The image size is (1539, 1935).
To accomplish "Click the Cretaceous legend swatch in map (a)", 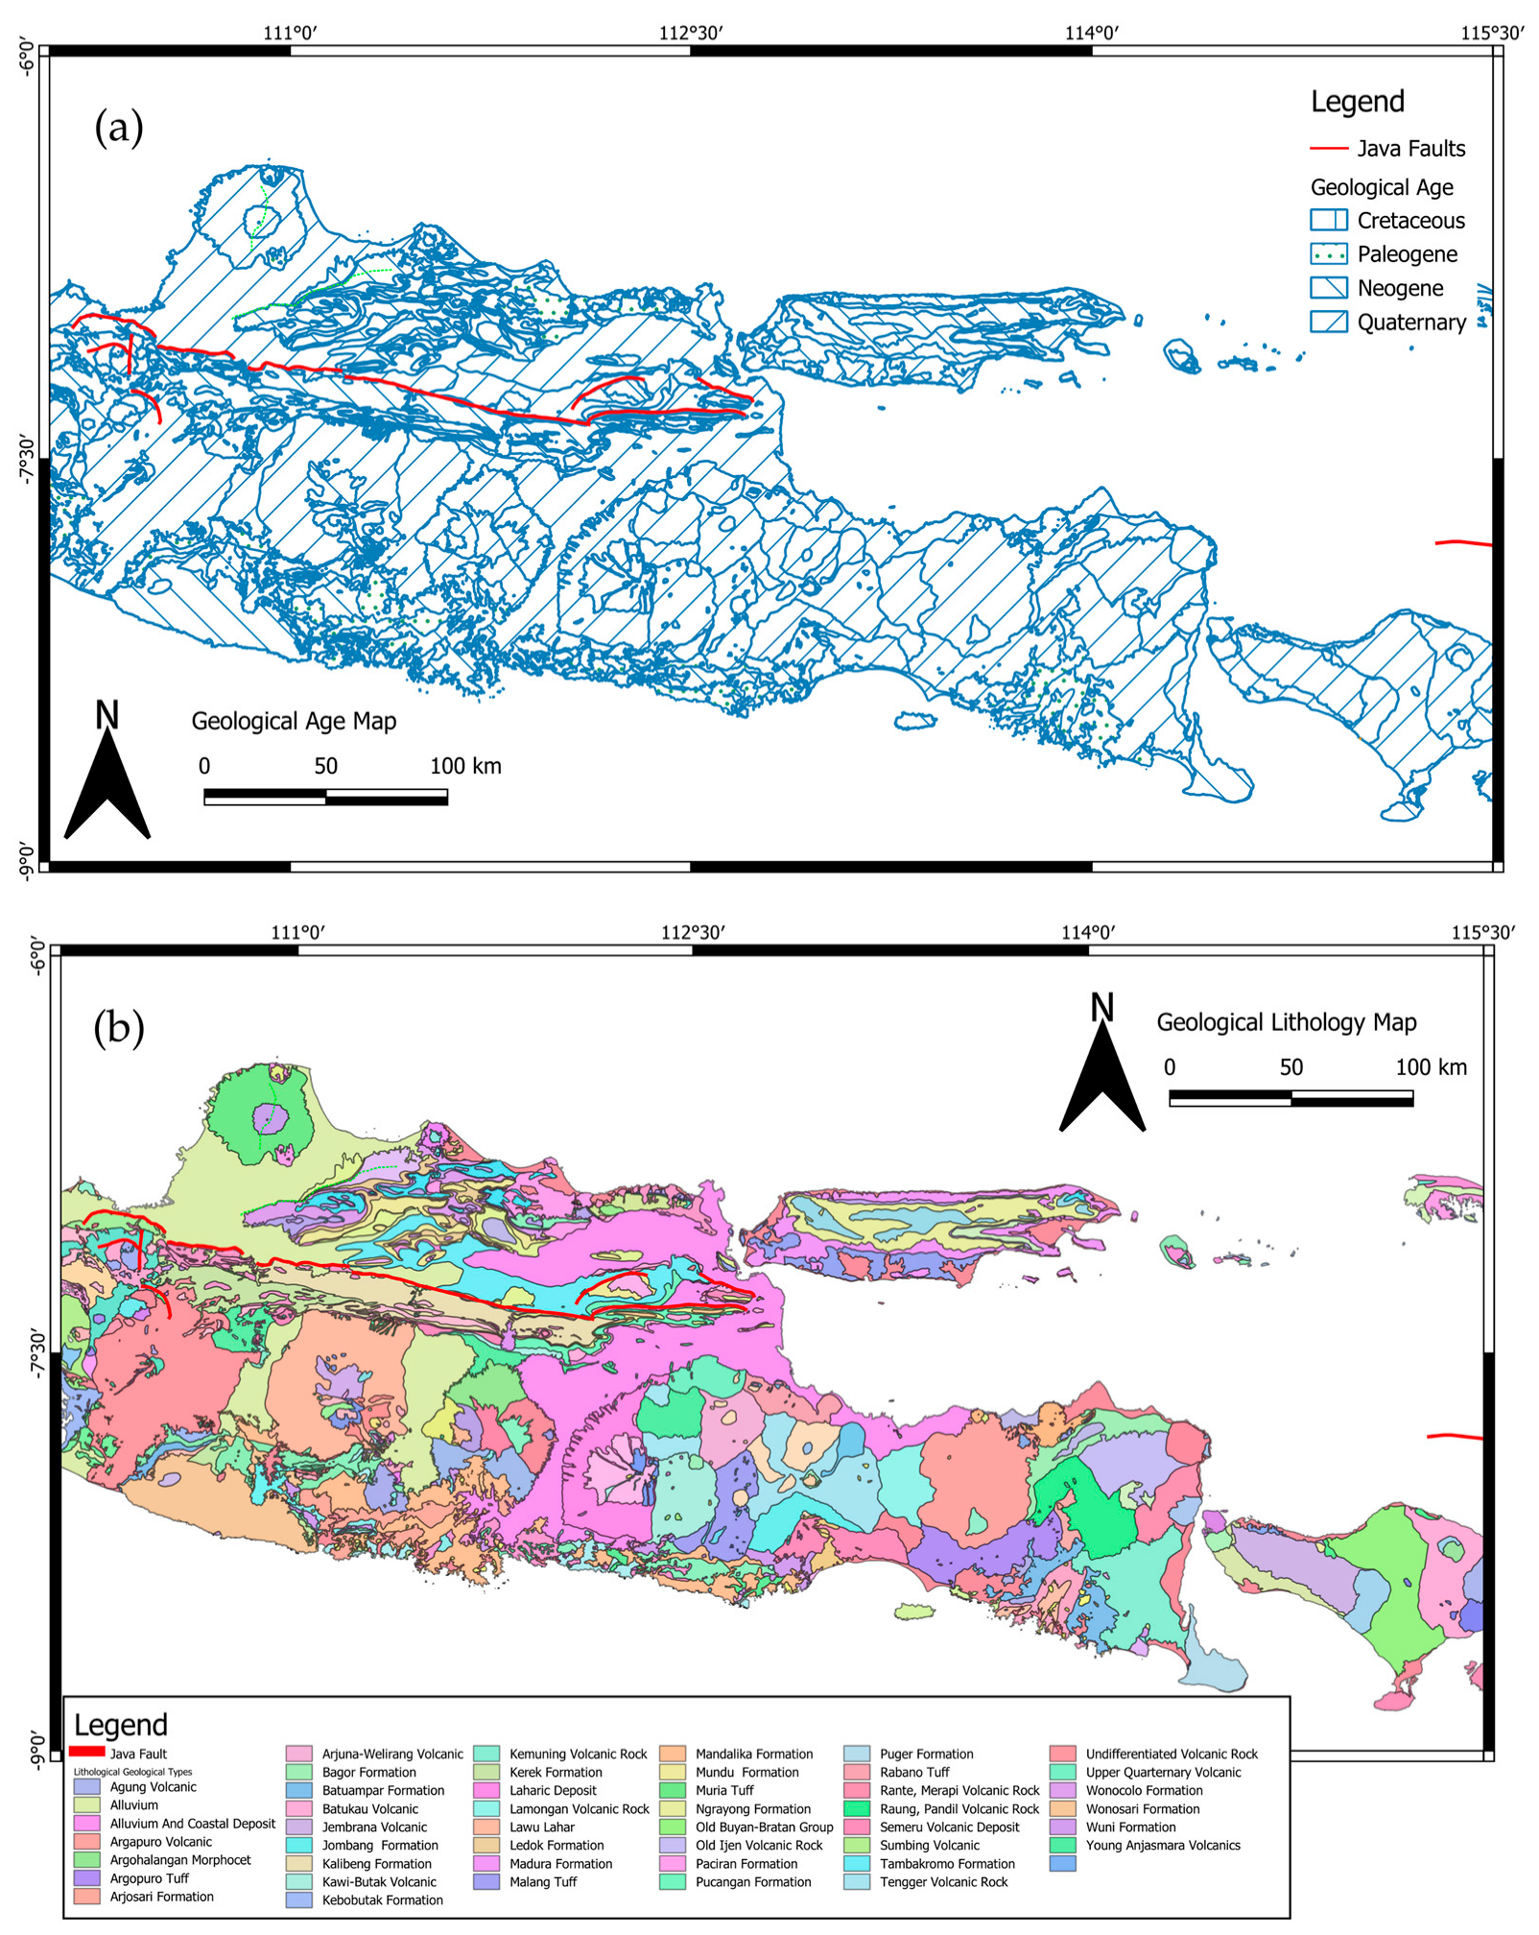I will [x=1328, y=220].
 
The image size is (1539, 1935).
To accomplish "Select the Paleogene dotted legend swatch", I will [x=1328, y=254].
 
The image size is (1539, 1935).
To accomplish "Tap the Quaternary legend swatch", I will [x=1328, y=322].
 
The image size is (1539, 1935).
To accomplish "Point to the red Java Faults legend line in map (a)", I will [x=1328, y=149].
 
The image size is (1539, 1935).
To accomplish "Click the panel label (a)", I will [x=119, y=127].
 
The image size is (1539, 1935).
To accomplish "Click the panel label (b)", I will [x=119, y=1028].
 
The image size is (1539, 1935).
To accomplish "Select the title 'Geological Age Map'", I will [x=294, y=721].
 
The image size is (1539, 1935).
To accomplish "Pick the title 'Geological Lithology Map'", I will [x=1286, y=1022].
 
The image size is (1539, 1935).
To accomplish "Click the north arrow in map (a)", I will [x=107, y=777].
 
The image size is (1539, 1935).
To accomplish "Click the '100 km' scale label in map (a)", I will [x=465, y=766].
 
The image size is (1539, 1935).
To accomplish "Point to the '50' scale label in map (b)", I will [x=1290, y=1067].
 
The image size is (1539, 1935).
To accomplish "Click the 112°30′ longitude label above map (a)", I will [x=691, y=34].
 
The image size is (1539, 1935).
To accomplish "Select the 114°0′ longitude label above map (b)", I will [x=1088, y=932].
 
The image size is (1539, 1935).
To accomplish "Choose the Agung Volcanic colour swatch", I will [x=86, y=1787].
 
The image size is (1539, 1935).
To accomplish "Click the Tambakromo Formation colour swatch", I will [x=856, y=1864].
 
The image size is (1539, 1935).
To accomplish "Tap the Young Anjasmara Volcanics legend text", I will [x=1163, y=1845].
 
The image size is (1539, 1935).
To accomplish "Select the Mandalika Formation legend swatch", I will [x=672, y=1754].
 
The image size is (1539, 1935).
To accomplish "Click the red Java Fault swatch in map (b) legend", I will [x=87, y=1752].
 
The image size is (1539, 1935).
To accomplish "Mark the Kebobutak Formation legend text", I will [x=382, y=1900].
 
